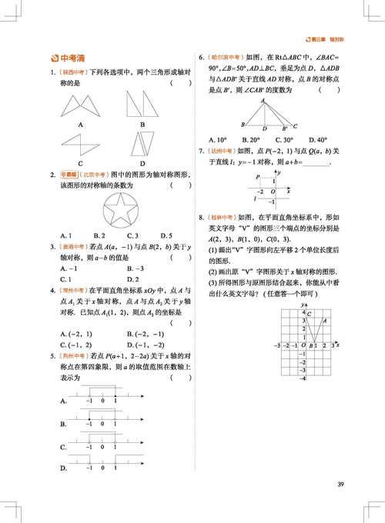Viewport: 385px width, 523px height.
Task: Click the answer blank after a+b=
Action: pyautogui.click(x=316, y=163)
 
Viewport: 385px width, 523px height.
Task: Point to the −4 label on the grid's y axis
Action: pyautogui.click(x=303, y=378)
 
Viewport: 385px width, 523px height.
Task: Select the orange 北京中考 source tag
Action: pyautogui.click(x=91, y=175)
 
